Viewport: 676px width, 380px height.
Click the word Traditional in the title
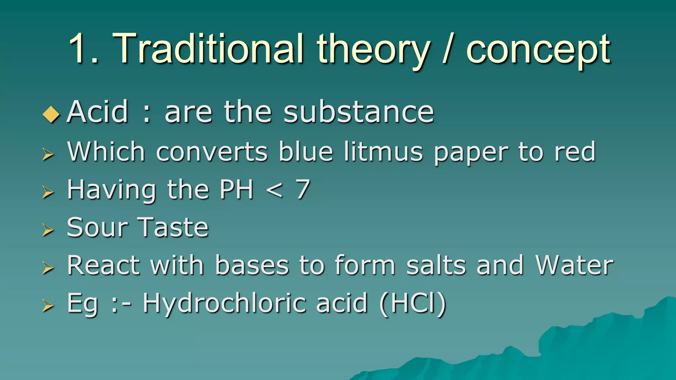(208, 49)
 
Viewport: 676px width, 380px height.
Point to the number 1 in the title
(79, 49)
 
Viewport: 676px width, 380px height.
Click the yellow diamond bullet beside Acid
(51, 114)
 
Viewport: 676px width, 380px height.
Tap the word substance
(358, 112)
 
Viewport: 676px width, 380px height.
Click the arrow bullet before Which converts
(48, 154)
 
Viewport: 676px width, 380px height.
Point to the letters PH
(236, 190)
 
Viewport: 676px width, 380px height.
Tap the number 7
(302, 190)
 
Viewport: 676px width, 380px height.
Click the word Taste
(173, 228)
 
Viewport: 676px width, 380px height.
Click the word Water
(574, 265)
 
